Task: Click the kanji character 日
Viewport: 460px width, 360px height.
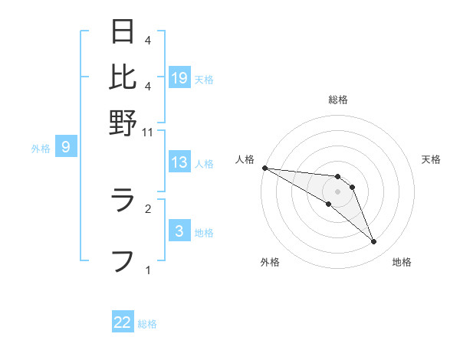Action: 123,31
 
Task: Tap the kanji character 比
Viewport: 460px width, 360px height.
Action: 123,77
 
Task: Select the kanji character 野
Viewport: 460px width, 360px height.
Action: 123,122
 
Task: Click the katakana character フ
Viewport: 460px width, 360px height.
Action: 123,260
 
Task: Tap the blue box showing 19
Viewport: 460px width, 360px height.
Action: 179,77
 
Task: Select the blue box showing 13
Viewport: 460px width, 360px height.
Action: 179,162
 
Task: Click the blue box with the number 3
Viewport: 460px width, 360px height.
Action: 179,231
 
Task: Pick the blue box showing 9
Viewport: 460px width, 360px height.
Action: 66,147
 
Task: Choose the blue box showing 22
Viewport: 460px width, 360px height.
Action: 123,322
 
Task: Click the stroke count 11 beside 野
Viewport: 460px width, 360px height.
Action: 148,132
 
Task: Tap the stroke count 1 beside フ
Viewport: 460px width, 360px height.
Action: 148,270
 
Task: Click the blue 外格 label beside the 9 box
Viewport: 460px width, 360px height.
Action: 41,149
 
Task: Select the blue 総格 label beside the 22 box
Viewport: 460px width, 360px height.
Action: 147,324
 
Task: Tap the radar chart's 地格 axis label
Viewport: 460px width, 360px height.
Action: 402,262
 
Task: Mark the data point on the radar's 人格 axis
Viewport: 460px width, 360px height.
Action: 264,168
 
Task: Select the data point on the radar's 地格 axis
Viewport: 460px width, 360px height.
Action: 374,242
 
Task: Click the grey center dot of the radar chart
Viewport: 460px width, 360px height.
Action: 337,191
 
